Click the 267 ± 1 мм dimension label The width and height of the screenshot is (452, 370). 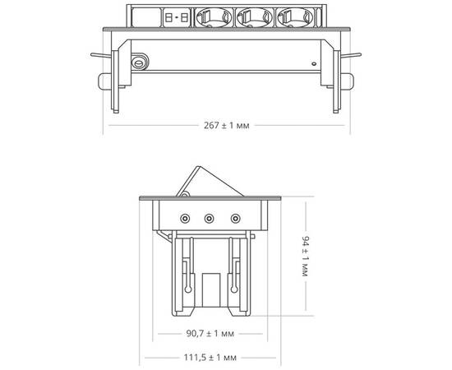tap(225, 126)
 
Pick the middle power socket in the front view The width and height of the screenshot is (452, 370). tap(254, 16)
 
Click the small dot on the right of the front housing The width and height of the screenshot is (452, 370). tap(313, 63)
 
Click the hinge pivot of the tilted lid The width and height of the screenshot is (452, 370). tap(186, 195)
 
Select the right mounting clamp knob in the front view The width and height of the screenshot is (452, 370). tap(350, 81)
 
